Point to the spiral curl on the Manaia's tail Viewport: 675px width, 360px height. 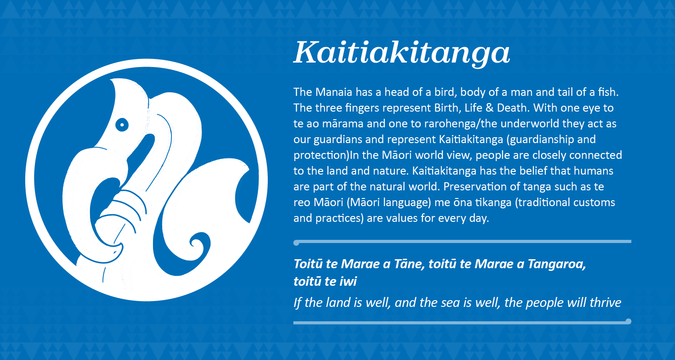click(x=197, y=244)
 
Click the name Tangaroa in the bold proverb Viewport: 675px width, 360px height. click(x=558, y=264)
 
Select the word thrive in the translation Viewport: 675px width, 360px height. click(x=605, y=302)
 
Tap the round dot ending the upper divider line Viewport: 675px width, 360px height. click(x=296, y=243)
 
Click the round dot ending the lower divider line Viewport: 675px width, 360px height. click(x=629, y=321)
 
